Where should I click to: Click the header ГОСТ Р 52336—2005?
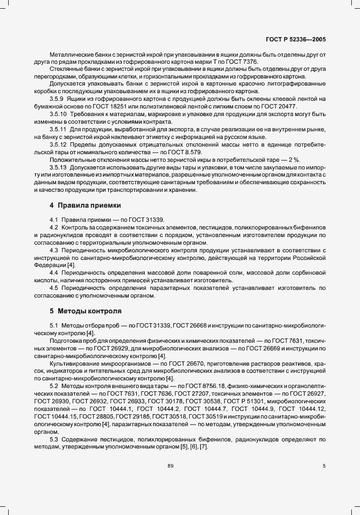(x=296, y=39)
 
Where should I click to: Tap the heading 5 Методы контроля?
(x=86, y=311)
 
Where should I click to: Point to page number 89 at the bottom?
(x=170, y=465)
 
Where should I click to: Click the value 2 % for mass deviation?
(x=292, y=159)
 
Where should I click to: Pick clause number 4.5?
(x=54, y=287)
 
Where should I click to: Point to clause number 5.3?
(x=54, y=439)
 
